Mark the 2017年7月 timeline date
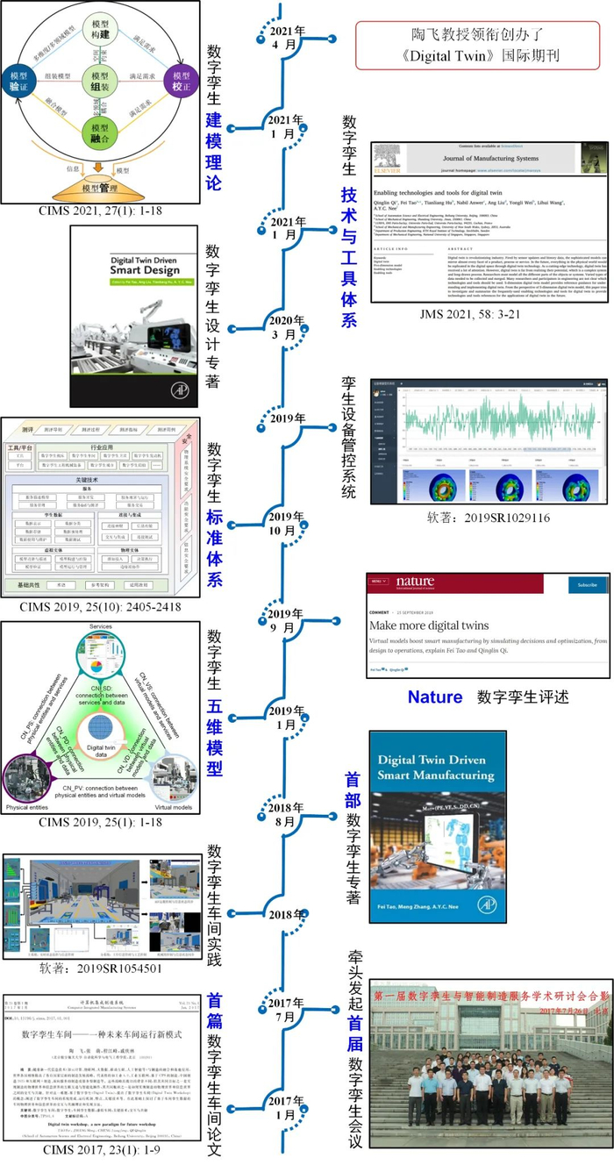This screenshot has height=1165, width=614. click(286, 1010)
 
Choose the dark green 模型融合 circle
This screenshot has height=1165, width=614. click(99, 134)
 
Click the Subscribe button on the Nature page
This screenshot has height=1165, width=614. click(587, 584)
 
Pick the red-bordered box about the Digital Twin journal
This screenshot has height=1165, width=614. click(483, 46)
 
